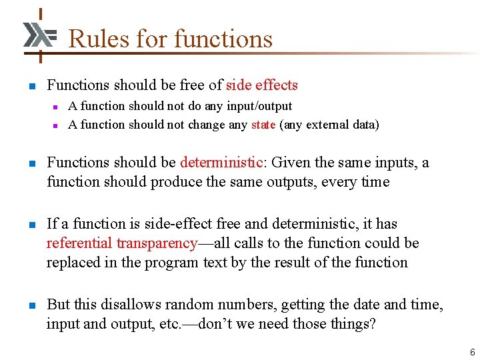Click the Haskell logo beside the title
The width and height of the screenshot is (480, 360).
(x=39, y=35)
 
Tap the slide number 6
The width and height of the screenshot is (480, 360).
(x=472, y=352)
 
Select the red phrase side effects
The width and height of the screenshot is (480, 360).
(x=262, y=85)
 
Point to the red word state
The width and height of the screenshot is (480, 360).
(x=263, y=125)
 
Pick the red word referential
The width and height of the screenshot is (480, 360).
(x=79, y=243)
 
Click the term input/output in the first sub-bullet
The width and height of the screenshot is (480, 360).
(x=260, y=106)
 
